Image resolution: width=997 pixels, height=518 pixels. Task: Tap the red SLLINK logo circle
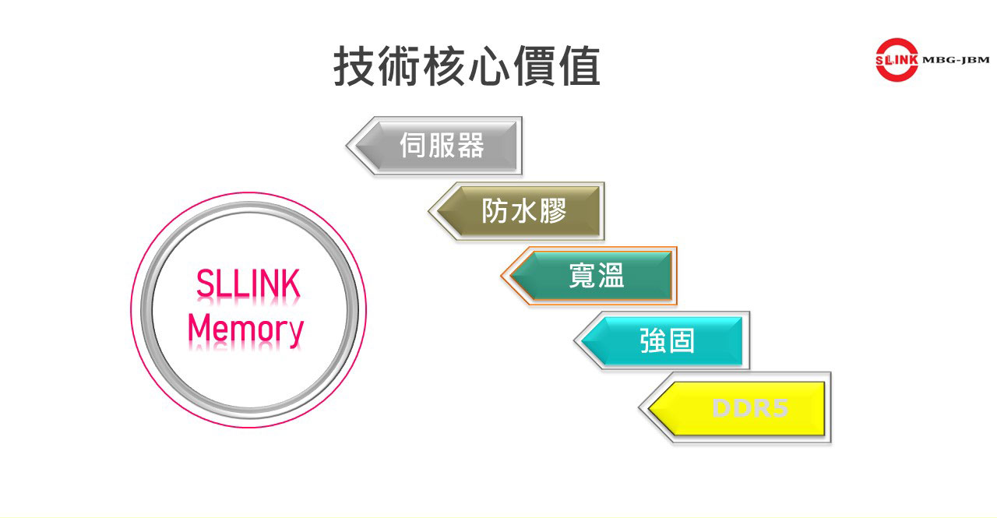897,59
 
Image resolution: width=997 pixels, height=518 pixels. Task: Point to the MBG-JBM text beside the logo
956,60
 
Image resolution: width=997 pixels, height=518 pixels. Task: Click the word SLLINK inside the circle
248,286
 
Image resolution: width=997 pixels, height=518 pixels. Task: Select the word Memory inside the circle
245,329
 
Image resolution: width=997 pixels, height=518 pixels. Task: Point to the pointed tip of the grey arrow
349,146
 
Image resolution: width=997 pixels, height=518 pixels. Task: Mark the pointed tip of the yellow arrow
642,407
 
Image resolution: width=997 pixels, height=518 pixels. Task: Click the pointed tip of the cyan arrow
577,340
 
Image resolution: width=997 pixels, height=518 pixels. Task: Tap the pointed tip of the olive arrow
431,211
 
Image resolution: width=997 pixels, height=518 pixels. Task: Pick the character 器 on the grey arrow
470,146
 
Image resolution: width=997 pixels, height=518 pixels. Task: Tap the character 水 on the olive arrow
523,211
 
